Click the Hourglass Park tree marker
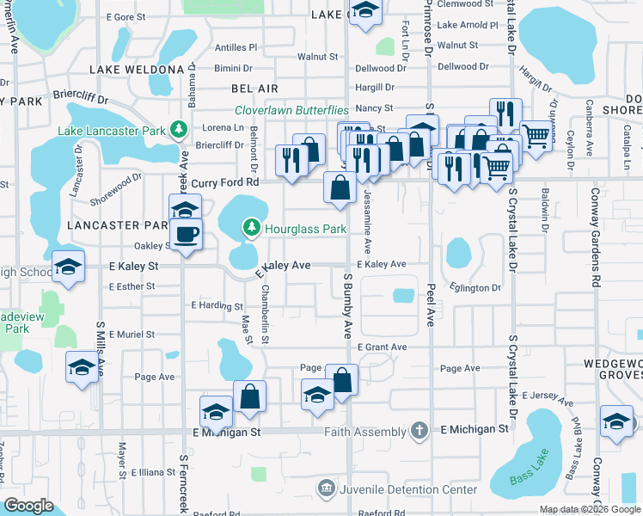[x=251, y=228]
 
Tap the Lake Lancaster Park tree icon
[x=179, y=130]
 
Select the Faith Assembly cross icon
[x=419, y=429]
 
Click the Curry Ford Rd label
[x=224, y=183]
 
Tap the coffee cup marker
[x=186, y=235]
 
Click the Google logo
[x=29, y=505]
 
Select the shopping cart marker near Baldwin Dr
[x=536, y=135]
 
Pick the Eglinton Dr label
[x=474, y=288]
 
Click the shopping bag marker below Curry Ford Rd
[x=340, y=189]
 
